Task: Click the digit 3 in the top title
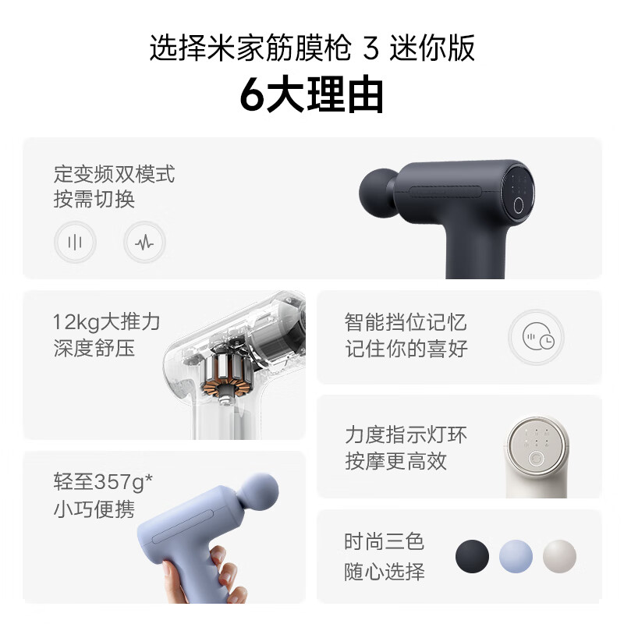tap(371, 49)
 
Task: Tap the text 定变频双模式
tap(115, 173)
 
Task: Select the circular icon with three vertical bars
tap(75, 242)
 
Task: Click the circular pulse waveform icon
tap(144, 242)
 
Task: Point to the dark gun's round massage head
tap(381, 188)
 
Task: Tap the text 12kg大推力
tap(106, 321)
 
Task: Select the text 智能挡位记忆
tap(406, 321)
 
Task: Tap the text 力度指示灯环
tap(406, 434)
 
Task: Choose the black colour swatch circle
tap(472, 555)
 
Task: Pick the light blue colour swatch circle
tap(516, 555)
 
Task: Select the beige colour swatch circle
tap(559, 555)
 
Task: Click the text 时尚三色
tap(385, 542)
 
